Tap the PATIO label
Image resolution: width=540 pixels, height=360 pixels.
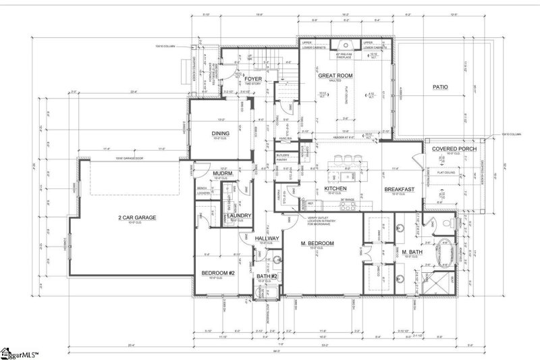click(439, 87)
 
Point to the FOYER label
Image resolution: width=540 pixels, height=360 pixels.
click(253, 78)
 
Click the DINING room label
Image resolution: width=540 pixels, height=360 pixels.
click(221, 133)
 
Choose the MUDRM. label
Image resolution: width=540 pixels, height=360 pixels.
click(204, 174)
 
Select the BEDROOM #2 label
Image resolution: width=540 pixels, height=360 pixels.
click(217, 273)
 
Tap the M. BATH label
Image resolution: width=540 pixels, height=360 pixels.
click(412, 252)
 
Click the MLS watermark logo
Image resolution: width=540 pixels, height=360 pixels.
click(20, 352)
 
